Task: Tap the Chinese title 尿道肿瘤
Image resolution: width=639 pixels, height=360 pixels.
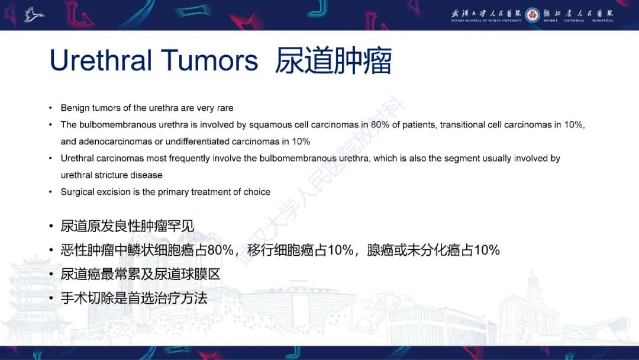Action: [333, 60]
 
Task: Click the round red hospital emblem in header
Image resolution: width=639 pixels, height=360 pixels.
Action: [532, 15]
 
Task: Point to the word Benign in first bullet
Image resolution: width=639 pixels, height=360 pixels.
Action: [75, 108]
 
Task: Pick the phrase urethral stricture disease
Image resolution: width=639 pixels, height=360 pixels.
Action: [111, 175]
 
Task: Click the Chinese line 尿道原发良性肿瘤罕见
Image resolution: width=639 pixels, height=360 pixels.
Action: [127, 226]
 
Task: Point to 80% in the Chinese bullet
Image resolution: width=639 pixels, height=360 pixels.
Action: [220, 250]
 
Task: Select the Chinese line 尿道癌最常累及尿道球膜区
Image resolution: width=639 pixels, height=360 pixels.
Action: [141, 275]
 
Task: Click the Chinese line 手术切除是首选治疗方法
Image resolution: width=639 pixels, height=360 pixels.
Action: [134, 298]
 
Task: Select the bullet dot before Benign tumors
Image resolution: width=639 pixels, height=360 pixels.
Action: [50, 108]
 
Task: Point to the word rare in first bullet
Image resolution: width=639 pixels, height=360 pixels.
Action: [225, 108]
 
